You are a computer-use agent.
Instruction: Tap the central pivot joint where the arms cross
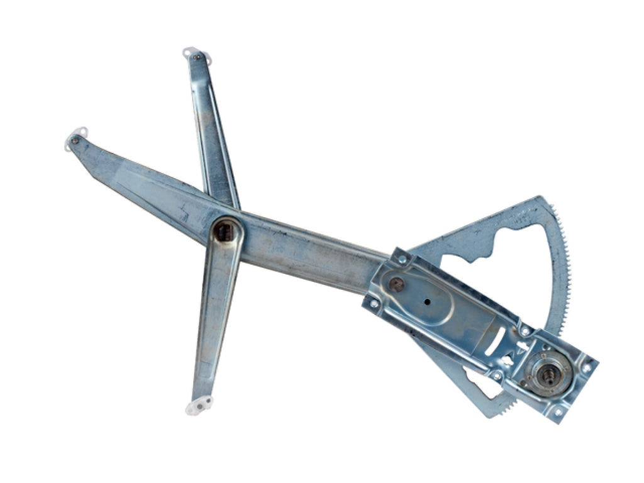pyautogui.click(x=225, y=231)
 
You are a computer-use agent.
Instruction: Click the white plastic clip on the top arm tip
pyautogui.click(x=196, y=54)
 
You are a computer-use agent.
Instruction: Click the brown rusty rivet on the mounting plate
pyautogui.click(x=396, y=284)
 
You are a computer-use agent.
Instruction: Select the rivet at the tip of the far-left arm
pyautogui.click(x=75, y=140)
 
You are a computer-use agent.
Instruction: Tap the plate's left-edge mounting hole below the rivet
pyautogui.click(x=375, y=303)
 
